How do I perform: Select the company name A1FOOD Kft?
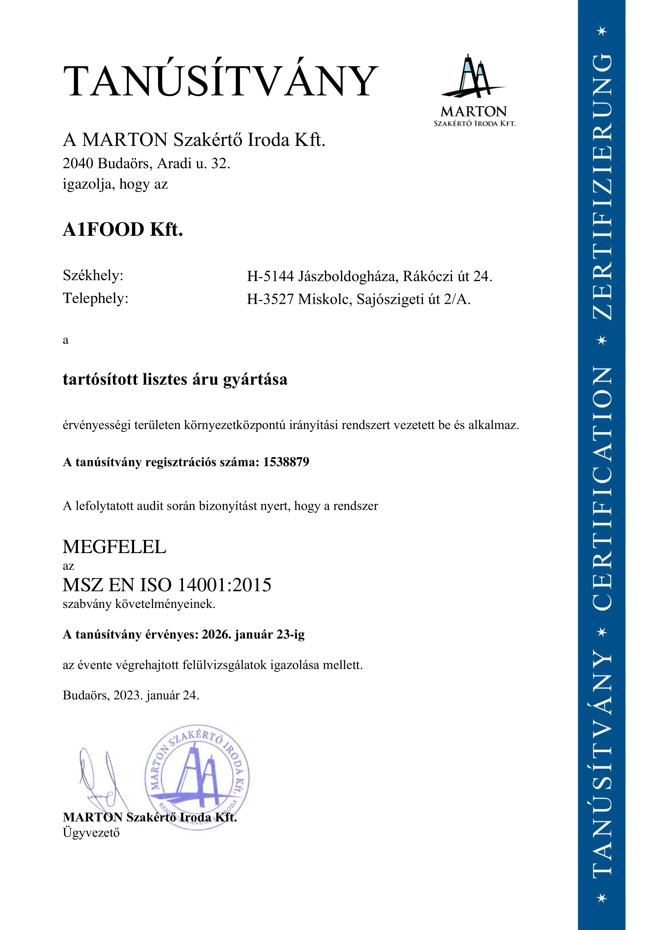click(123, 229)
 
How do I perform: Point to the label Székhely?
click(93, 276)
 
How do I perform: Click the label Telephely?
click(95, 298)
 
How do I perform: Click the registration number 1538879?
click(286, 462)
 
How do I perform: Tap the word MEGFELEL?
click(114, 547)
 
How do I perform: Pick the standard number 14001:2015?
click(224, 585)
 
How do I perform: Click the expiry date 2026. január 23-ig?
click(253, 634)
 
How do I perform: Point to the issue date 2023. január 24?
click(156, 695)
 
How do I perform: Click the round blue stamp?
click(197, 777)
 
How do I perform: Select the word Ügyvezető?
click(91, 833)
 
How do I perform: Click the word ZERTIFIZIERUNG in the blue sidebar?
click(602, 186)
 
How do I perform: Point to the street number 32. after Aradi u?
click(221, 163)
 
